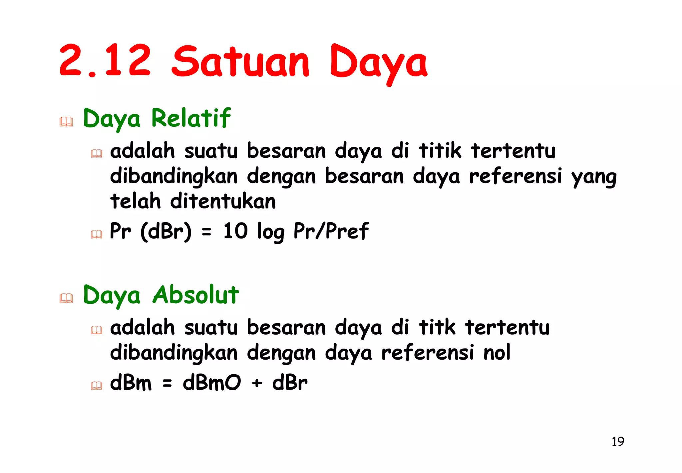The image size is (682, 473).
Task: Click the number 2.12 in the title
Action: point(105,61)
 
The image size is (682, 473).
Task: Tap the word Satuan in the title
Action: point(240,62)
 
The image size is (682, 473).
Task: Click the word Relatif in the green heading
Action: point(191,118)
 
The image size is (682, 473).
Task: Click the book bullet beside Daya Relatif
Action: point(66,122)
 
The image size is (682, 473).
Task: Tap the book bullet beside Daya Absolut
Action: point(66,298)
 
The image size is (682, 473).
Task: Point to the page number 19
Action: point(618,442)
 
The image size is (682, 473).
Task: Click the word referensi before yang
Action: point(515,176)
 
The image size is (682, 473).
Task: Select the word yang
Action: point(594,177)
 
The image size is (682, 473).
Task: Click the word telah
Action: point(136,201)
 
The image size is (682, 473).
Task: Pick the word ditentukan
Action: point(223,201)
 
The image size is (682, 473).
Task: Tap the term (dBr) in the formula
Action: point(166,231)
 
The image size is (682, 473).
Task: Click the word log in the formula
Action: point(271,232)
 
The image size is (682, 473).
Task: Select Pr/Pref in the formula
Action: point(331,231)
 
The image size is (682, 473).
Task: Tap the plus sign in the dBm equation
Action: point(257,383)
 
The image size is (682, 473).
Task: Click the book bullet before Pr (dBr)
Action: point(97,234)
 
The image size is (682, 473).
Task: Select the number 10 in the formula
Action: point(235,231)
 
